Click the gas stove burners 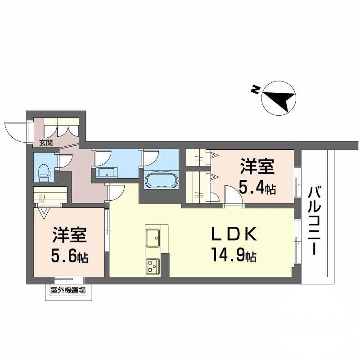(x=152, y=266)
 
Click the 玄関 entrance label (x=45, y=143)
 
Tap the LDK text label (x=234, y=235)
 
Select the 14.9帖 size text (x=234, y=256)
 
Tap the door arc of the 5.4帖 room (x=233, y=197)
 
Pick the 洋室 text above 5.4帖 (x=257, y=167)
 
